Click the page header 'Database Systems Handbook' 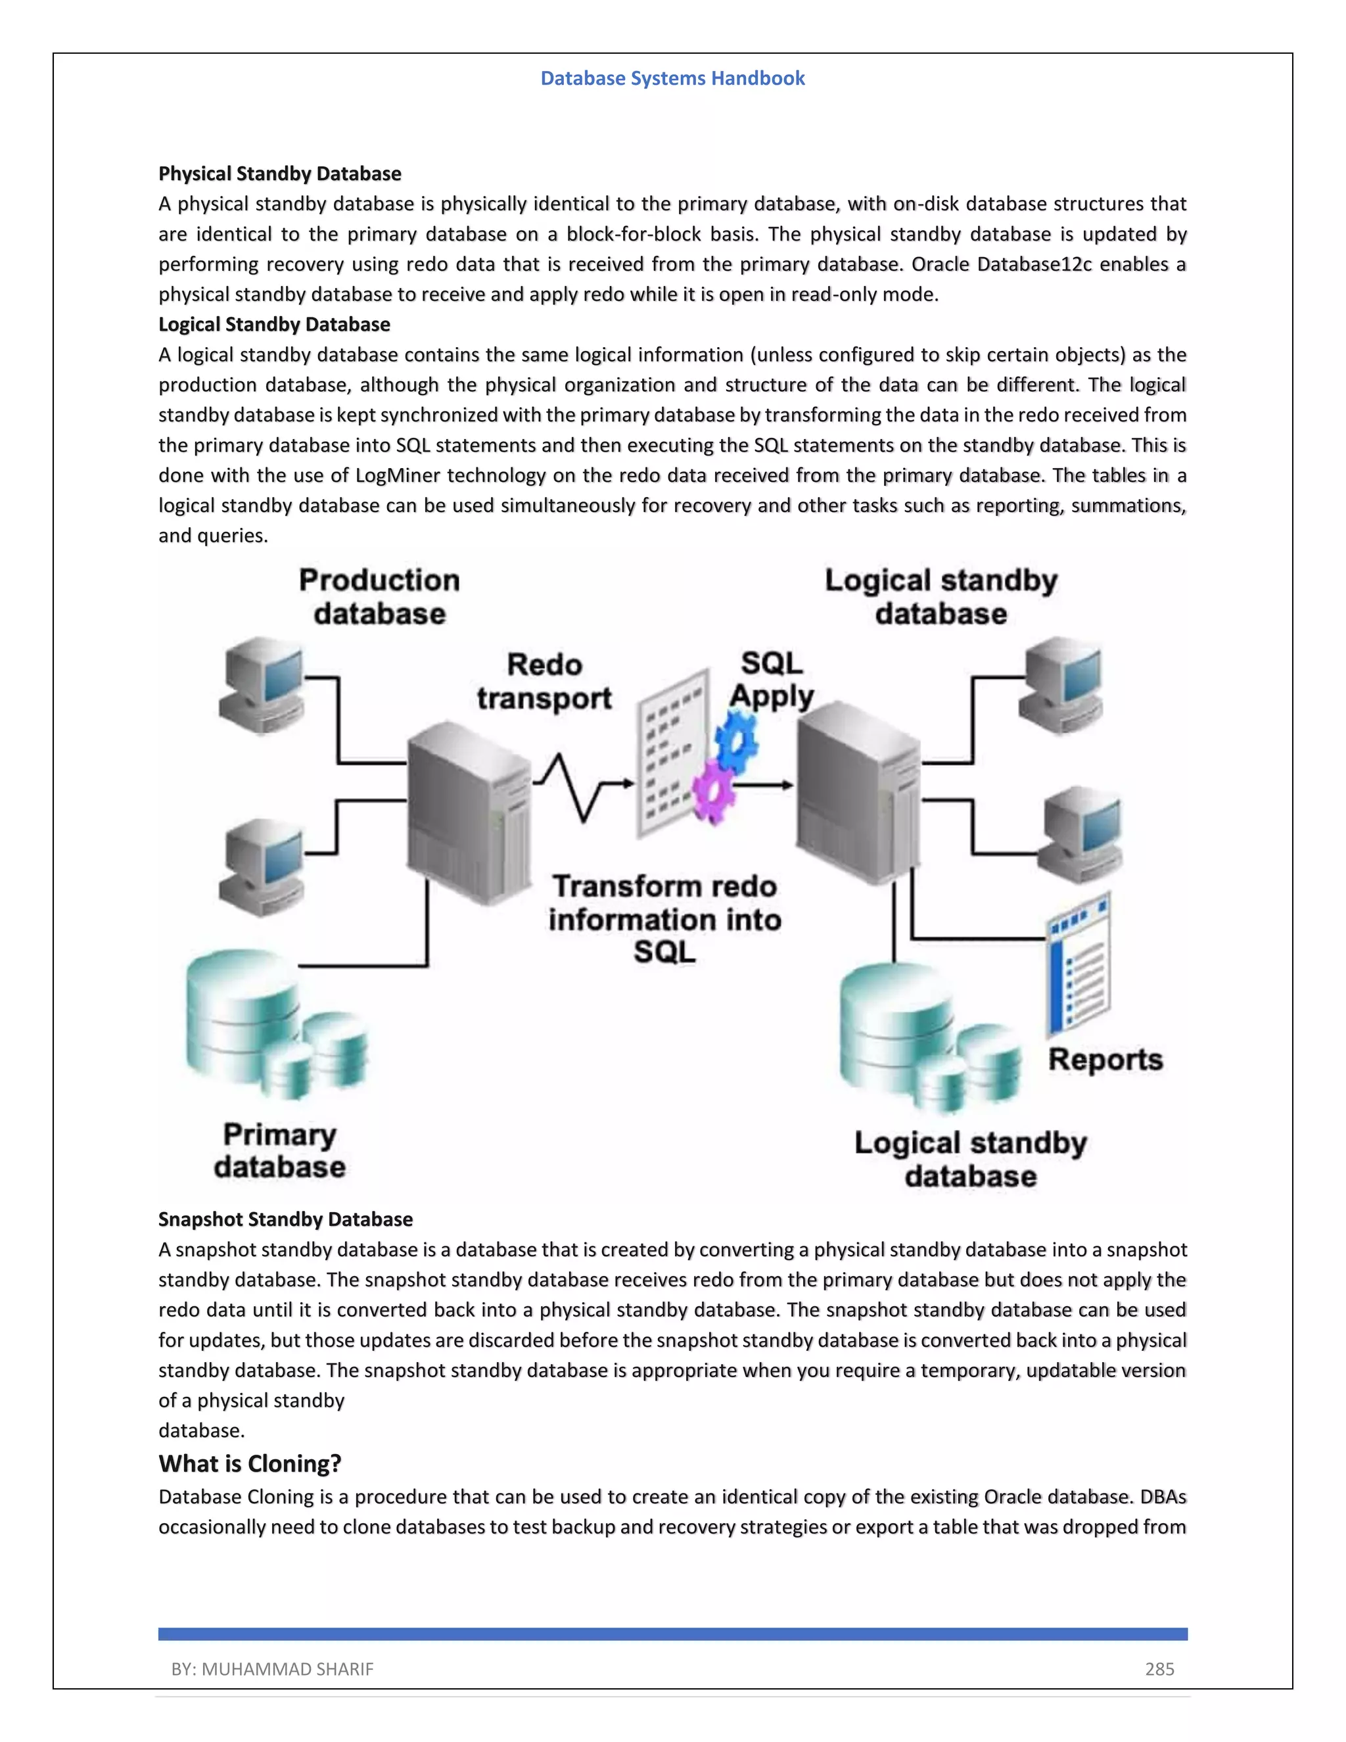click(672, 78)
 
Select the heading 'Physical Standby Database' click(279, 174)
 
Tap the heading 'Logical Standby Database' click(273, 325)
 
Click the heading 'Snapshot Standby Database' click(285, 1219)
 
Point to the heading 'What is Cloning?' click(250, 1464)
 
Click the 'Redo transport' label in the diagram click(545, 681)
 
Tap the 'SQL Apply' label click(771, 680)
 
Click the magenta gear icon click(713, 791)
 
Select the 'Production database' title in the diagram click(380, 597)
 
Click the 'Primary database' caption click(280, 1150)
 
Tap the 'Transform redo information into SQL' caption click(664, 919)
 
